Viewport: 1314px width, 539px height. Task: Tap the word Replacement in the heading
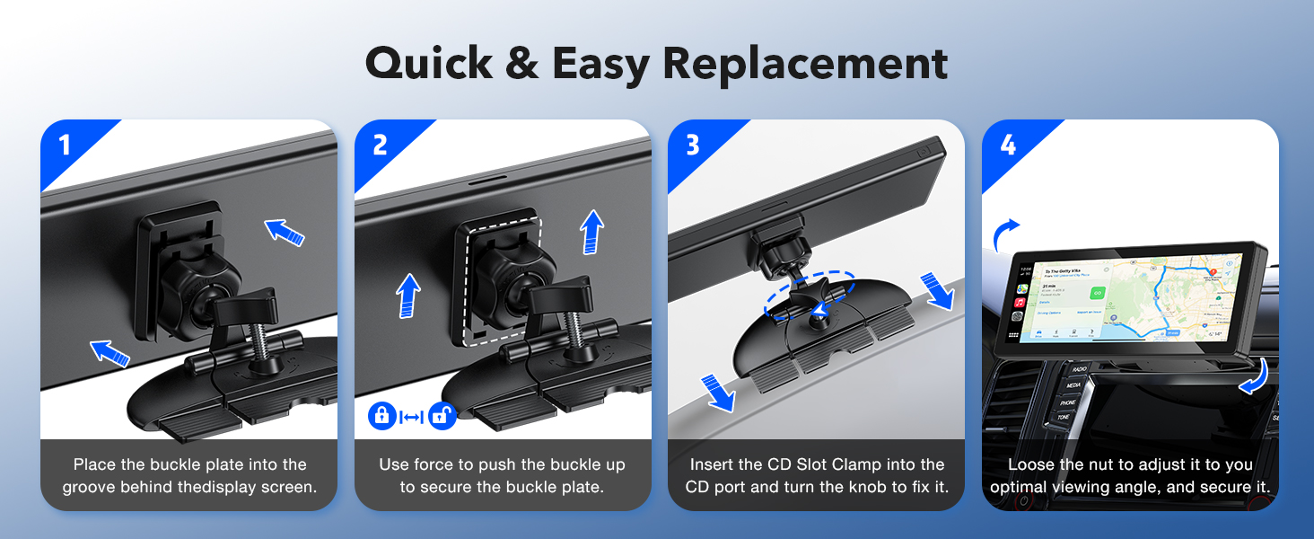[805, 64]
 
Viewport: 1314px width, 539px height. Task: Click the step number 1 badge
[65, 145]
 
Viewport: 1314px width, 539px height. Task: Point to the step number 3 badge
[693, 145]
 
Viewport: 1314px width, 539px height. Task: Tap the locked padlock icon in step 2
[381, 416]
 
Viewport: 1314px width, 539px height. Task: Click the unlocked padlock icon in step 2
[442, 416]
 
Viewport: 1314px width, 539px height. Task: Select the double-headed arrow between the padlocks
[411, 417]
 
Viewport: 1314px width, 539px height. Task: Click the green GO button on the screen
[1096, 293]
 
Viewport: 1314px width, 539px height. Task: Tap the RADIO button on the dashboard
[1078, 370]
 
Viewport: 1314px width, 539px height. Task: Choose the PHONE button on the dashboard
[1067, 403]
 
